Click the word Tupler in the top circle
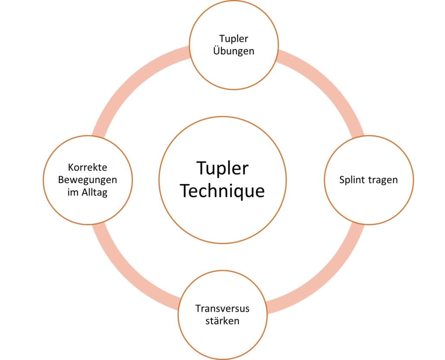[234, 39]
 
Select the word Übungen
[234, 51]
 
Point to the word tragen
[383, 180]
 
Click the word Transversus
[222, 309]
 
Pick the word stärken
[222, 321]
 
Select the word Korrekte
[88, 167]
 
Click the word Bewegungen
[88, 179]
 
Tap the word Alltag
[95, 192]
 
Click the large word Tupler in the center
[222, 168]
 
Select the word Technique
[222, 190]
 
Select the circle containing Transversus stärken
[222, 341]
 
